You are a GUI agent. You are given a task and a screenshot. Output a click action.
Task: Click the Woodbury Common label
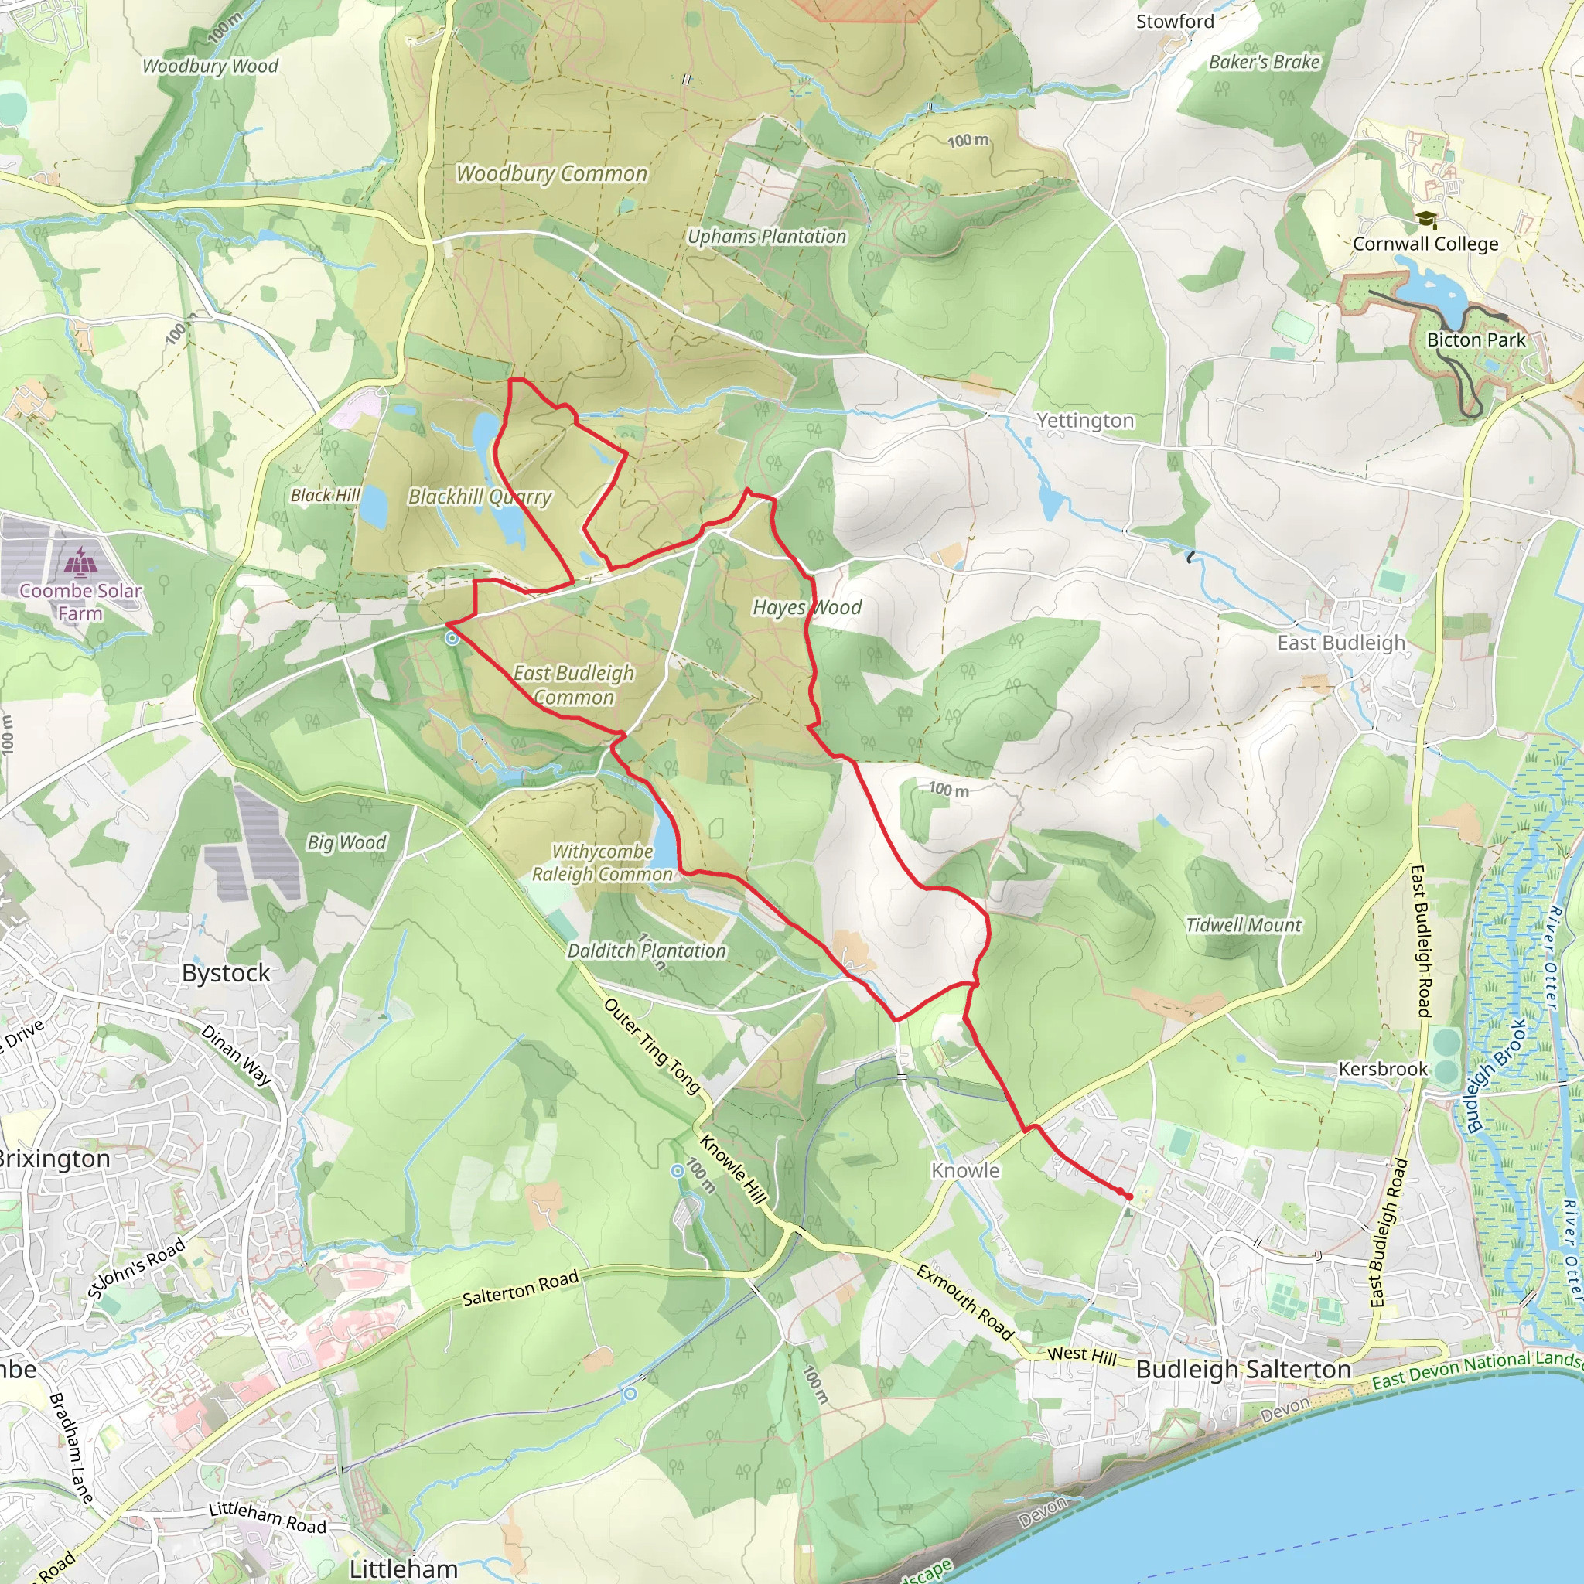(x=551, y=174)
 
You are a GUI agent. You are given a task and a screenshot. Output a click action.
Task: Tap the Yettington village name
(x=1084, y=421)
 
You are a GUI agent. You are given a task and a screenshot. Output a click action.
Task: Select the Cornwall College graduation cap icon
(x=1426, y=220)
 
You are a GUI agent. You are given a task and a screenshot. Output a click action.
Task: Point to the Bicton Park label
(x=1476, y=340)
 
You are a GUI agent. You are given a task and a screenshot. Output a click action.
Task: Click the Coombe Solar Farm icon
(x=80, y=563)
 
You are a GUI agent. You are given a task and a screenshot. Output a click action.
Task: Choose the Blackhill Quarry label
(x=480, y=497)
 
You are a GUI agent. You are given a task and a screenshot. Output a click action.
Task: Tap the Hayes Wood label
(x=807, y=607)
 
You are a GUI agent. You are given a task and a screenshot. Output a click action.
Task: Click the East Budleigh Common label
(x=574, y=684)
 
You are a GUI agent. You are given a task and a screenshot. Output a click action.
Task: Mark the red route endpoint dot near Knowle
(x=1129, y=1197)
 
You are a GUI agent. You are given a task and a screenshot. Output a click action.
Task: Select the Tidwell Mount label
(x=1243, y=925)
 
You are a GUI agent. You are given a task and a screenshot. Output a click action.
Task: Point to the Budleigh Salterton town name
(x=1243, y=1369)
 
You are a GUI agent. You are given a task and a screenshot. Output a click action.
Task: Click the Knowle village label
(x=965, y=1171)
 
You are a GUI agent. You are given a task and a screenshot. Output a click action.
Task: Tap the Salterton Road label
(x=521, y=1288)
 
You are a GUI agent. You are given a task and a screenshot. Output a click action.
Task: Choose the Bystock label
(x=227, y=973)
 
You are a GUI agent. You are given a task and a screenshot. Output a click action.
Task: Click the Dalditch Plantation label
(x=646, y=951)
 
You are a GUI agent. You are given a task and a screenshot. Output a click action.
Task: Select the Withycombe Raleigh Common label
(x=603, y=862)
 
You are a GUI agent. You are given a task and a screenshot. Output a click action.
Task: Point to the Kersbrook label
(x=1383, y=1069)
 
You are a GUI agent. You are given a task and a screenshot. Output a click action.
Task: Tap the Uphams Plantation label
(x=766, y=237)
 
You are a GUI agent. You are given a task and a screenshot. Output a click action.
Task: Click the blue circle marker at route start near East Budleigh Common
(x=452, y=638)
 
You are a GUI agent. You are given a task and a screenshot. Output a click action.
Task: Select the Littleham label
(x=404, y=1569)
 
